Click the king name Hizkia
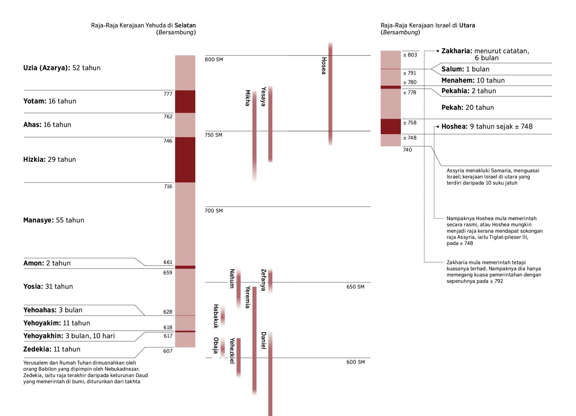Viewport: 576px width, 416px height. pos(34,159)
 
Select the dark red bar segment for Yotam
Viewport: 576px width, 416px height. pos(185,101)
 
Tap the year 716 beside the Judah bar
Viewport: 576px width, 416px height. pos(168,187)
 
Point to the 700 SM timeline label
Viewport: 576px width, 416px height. pos(214,211)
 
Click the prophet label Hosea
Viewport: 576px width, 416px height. pos(324,66)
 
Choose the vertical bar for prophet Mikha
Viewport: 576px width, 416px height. pos(254,134)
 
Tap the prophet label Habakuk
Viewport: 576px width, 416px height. pos(216,316)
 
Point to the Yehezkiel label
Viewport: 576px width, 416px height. pos(232,351)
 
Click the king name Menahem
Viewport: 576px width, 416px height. pos(457,81)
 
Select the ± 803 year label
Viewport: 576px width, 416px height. pos(410,55)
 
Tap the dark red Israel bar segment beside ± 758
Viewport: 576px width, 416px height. pos(390,126)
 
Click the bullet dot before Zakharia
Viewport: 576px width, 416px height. pos(438,51)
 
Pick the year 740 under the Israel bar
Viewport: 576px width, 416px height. pos(407,150)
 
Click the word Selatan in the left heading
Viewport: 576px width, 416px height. pos(185,25)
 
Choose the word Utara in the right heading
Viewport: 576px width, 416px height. pos(467,25)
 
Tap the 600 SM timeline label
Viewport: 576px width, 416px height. pos(355,362)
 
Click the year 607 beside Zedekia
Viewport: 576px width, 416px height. pos(168,351)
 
